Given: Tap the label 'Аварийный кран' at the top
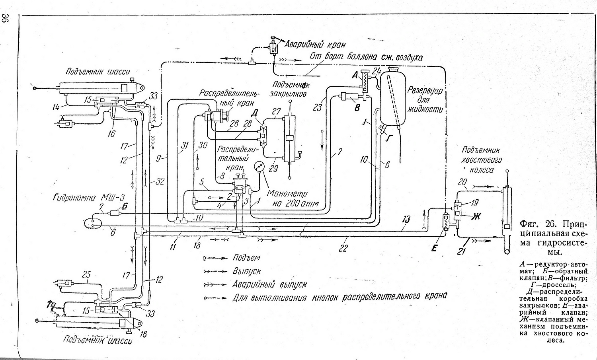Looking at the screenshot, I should click(x=312, y=44).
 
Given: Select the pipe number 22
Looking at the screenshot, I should click(x=343, y=248).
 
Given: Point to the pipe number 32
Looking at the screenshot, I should click(x=160, y=182).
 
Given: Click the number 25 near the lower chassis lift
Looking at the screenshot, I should click(x=86, y=274).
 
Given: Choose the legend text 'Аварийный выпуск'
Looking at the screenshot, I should click(x=269, y=284).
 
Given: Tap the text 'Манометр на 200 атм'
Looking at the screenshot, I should click(x=288, y=199).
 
